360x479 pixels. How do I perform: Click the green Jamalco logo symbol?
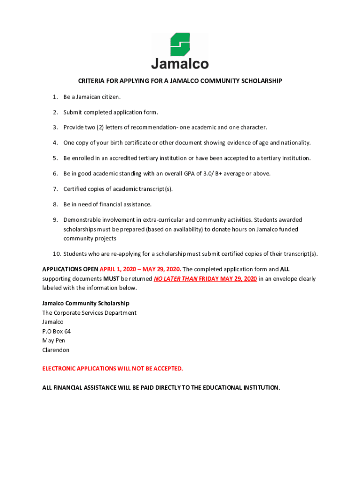(180, 44)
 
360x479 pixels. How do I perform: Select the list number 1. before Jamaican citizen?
(55, 97)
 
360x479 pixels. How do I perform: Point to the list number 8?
(55, 204)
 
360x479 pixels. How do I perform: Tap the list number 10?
(56, 254)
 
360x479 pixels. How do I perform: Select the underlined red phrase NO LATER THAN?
(174, 279)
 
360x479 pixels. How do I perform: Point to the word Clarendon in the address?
(56, 350)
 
